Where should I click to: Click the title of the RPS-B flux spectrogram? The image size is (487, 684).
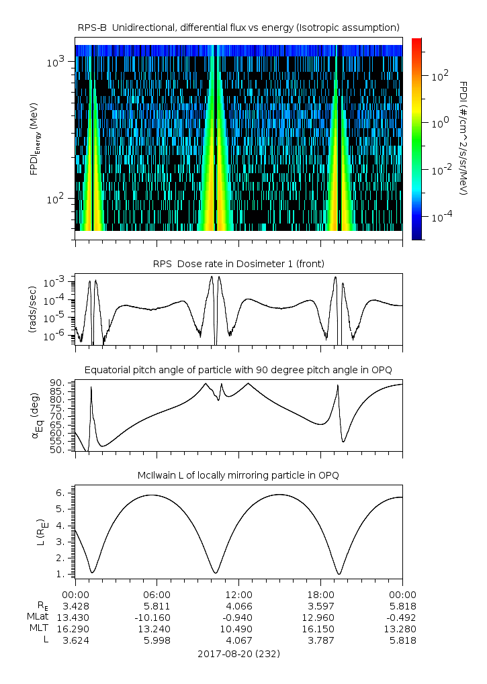[x=238, y=27]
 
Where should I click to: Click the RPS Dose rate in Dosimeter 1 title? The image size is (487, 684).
[x=238, y=264]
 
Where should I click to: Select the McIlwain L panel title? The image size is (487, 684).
[x=238, y=475]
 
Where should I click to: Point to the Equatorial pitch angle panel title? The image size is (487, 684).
[x=238, y=370]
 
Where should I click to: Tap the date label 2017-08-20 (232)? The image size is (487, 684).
[x=238, y=653]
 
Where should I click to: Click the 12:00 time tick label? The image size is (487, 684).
[x=238, y=594]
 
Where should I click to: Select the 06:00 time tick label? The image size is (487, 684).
[x=157, y=594]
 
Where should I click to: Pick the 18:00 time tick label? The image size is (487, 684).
[x=320, y=594]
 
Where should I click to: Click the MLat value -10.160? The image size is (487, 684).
[x=157, y=617]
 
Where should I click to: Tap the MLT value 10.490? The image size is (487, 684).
[x=238, y=628]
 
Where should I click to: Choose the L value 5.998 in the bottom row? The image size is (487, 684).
[x=157, y=640]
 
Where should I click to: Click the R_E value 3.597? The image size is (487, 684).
[x=320, y=605]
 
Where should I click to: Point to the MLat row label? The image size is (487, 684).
[x=38, y=617]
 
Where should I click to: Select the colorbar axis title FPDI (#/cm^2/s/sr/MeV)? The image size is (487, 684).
[x=463, y=138]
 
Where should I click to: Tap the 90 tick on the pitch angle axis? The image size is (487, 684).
[x=56, y=383]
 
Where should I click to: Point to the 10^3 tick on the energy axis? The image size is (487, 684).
[x=55, y=62]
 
